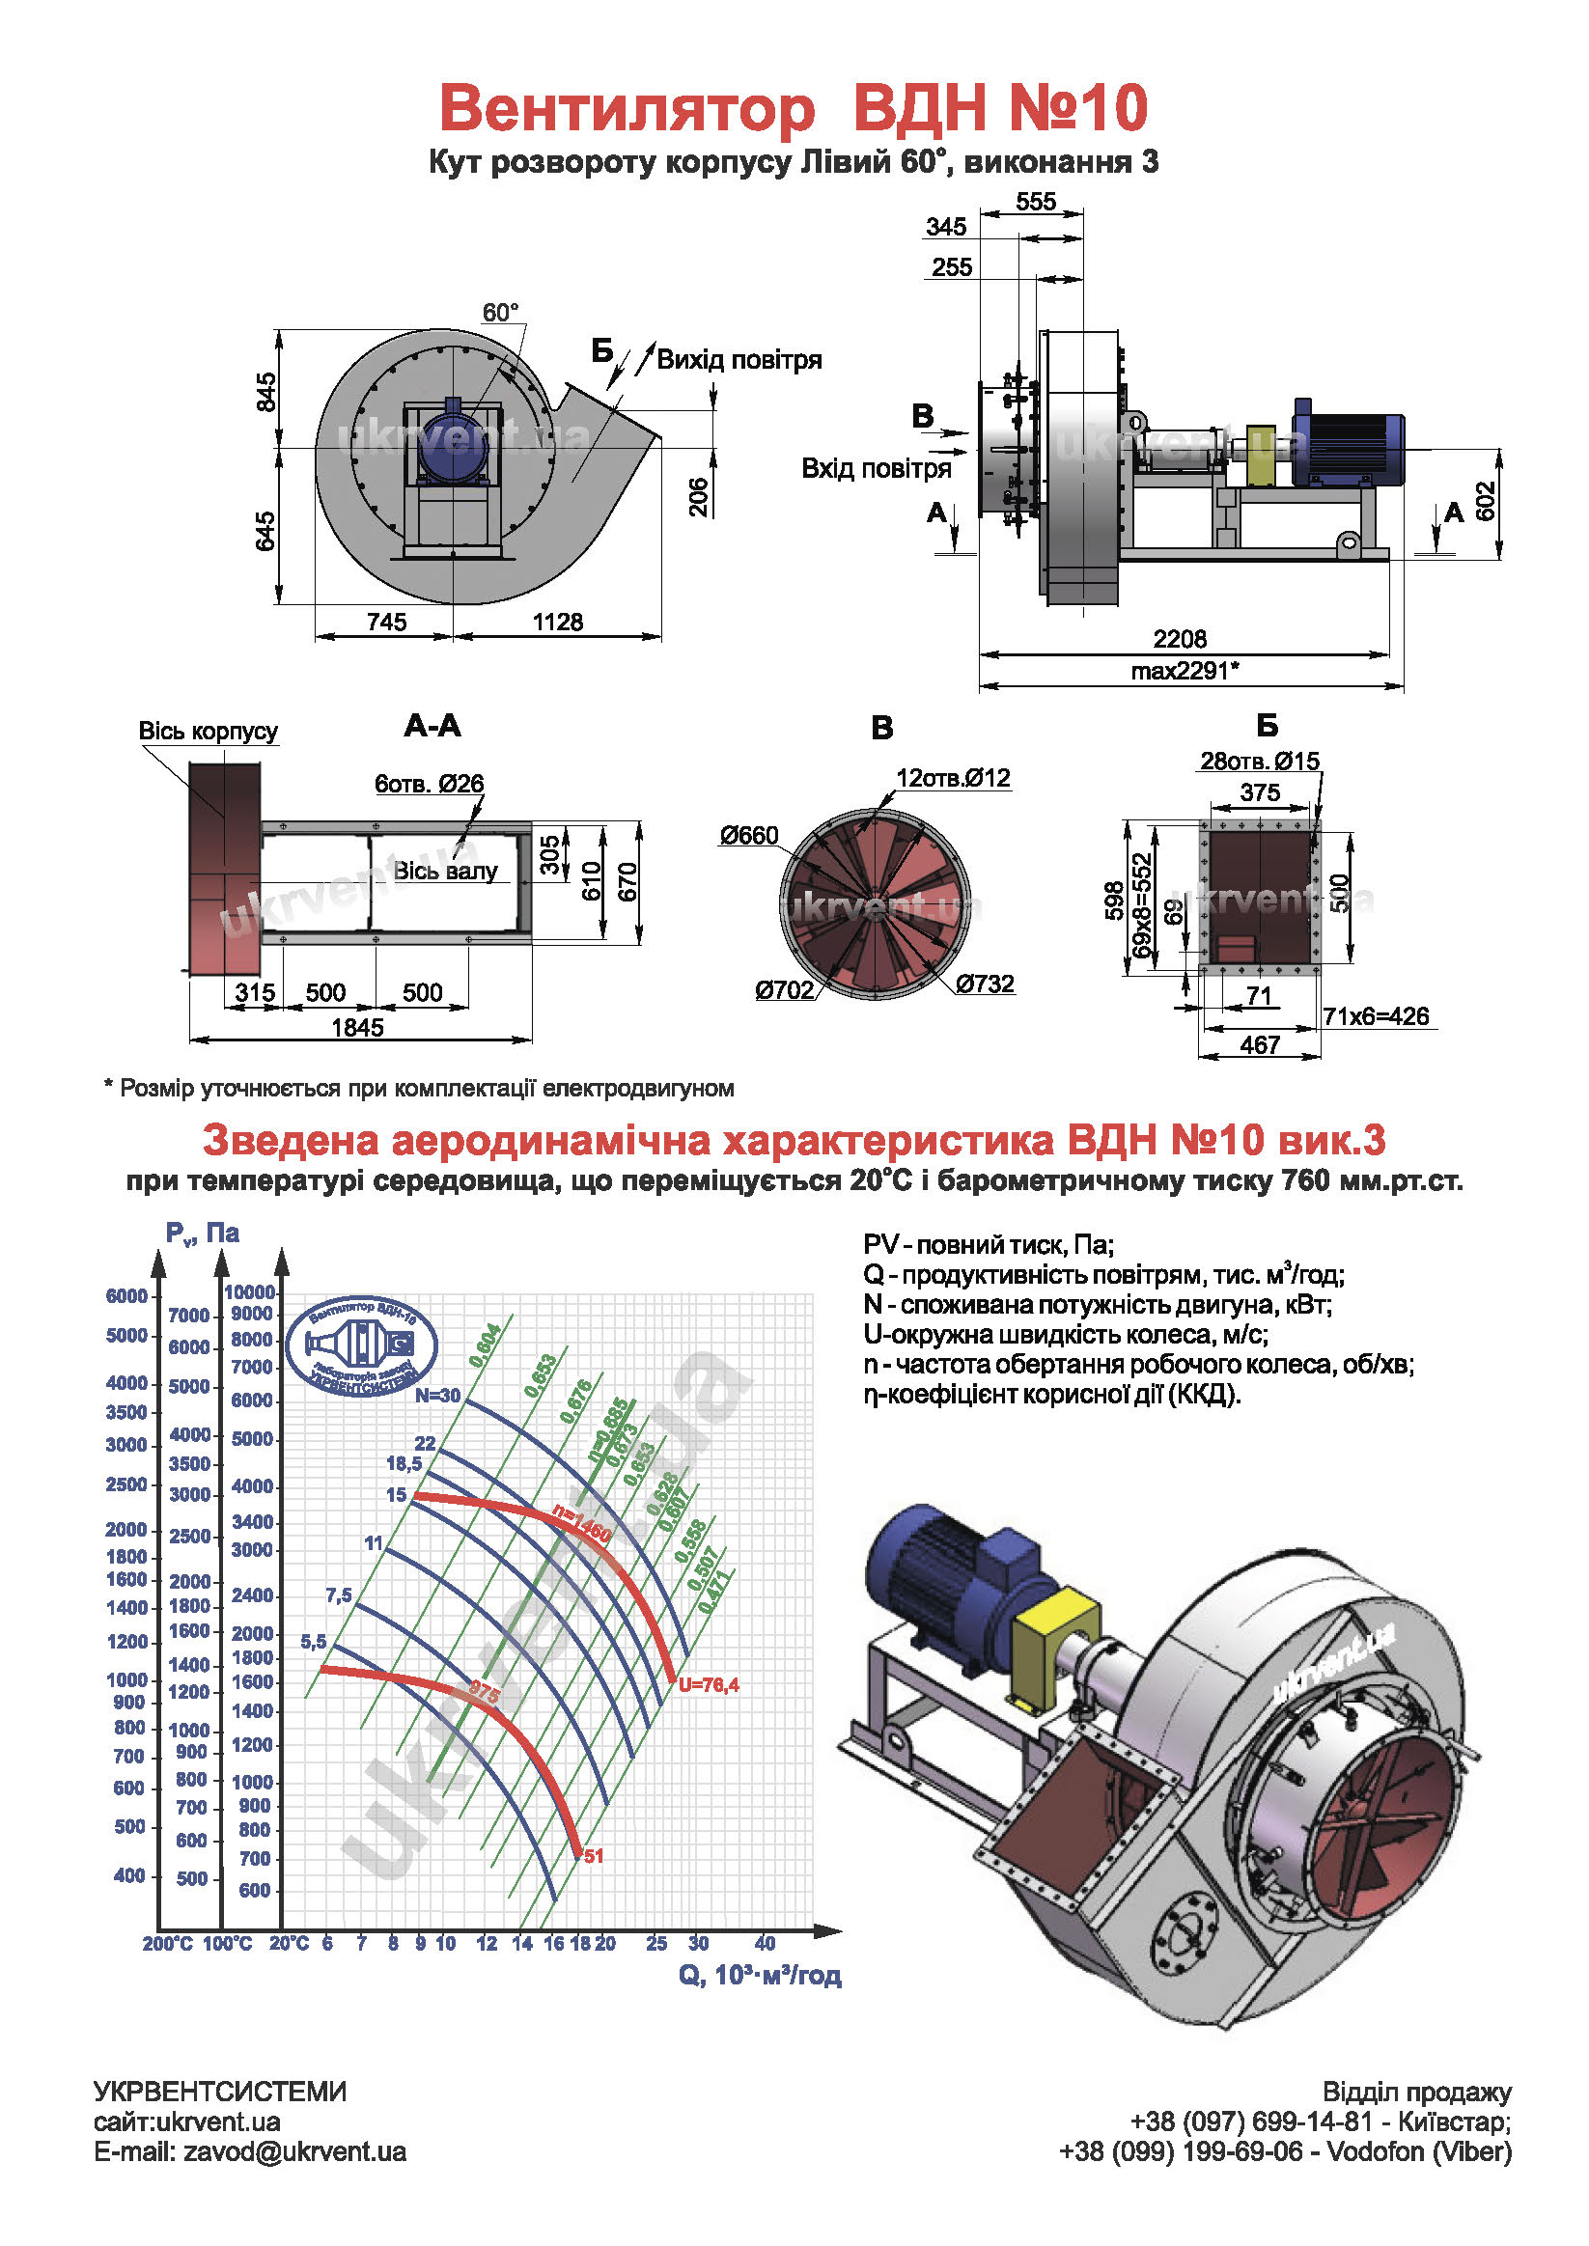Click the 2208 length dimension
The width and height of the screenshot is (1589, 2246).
click(x=1179, y=639)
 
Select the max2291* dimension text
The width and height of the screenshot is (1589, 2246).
click(x=1185, y=671)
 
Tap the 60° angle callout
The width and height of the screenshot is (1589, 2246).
click(x=500, y=313)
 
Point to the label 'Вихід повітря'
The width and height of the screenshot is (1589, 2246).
click(x=739, y=360)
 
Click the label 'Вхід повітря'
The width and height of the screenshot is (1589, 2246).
click(x=876, y=468)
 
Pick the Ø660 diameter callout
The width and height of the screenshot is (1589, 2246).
click(x=748, y=836)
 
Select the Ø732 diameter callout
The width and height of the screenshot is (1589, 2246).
click(x=985, y=984)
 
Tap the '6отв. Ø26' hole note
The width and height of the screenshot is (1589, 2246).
click(x=429, y=784)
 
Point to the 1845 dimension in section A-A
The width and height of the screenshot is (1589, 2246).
click(x=357, y=1027)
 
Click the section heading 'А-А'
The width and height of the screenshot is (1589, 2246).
click(x=432, y=726)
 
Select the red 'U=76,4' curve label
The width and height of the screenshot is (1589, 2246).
click(x=709, y=1684)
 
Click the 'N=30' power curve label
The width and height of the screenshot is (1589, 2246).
click(x=436, y=1396)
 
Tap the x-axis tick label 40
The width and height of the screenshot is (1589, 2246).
click(x=765, y=1943)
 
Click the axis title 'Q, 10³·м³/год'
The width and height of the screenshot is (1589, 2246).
click(x=760, y=1975)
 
